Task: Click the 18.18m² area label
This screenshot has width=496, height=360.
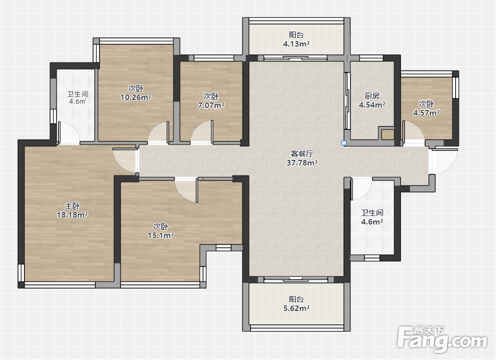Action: tap(72, 215)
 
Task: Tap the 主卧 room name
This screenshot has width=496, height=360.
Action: tap(72, 206)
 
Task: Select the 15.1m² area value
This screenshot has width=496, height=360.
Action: tap(160, 235)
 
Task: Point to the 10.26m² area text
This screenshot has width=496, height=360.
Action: tap(135, 97)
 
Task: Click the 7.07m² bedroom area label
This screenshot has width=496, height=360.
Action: tap(211, 105)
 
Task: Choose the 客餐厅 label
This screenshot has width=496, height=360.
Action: tap(302, 154)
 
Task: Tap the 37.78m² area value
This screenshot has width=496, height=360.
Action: tap(302, 163)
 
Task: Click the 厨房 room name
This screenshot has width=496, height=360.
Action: tap(372, 95)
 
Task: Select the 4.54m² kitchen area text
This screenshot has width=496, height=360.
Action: tap(372, 104)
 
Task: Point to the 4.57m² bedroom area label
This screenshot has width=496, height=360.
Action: tap(426, 112)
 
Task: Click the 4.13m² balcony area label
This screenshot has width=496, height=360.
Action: tap(296, 43)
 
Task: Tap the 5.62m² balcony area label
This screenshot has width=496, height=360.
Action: tap(296, 308)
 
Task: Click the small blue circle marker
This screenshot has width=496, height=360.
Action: tap(344, 143)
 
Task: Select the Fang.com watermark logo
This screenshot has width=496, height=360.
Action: tap(442, 340)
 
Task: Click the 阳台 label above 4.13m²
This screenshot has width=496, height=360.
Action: tap(296, 35)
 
